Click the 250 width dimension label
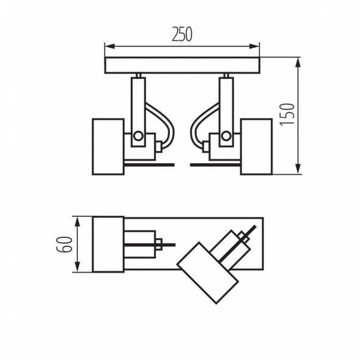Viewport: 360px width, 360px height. point(182,35)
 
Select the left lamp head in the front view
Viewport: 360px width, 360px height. point(108,146)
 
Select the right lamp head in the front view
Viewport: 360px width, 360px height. point(255,146)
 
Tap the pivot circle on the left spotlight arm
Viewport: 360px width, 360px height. point(139,135)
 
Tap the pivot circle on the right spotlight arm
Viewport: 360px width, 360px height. point(226,135)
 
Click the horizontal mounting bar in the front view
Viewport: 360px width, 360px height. point(182,65)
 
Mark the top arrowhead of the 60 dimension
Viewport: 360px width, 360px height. point(78,219)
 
